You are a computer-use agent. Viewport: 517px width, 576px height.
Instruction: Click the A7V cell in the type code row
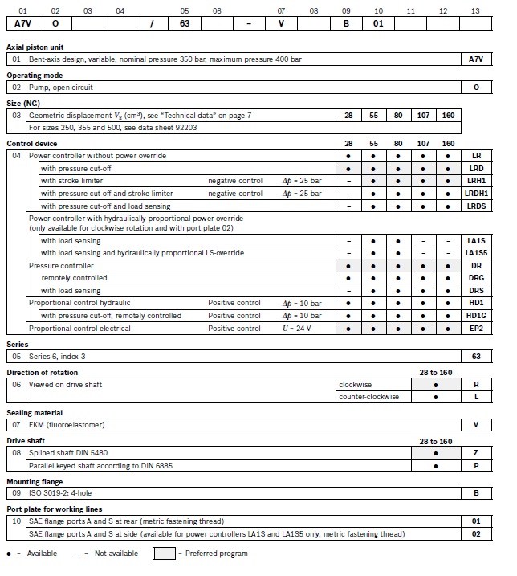click(x=22, y=23)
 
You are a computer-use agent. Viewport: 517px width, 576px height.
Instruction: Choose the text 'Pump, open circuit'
click(x=61, y=86)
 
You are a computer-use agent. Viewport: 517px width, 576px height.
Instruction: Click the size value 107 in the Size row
click(x=422, y=116)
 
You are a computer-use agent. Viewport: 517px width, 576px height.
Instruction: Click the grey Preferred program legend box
click(x=163, y=554)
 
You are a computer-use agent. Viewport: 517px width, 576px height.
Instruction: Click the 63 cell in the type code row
click(x=185, y=23)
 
